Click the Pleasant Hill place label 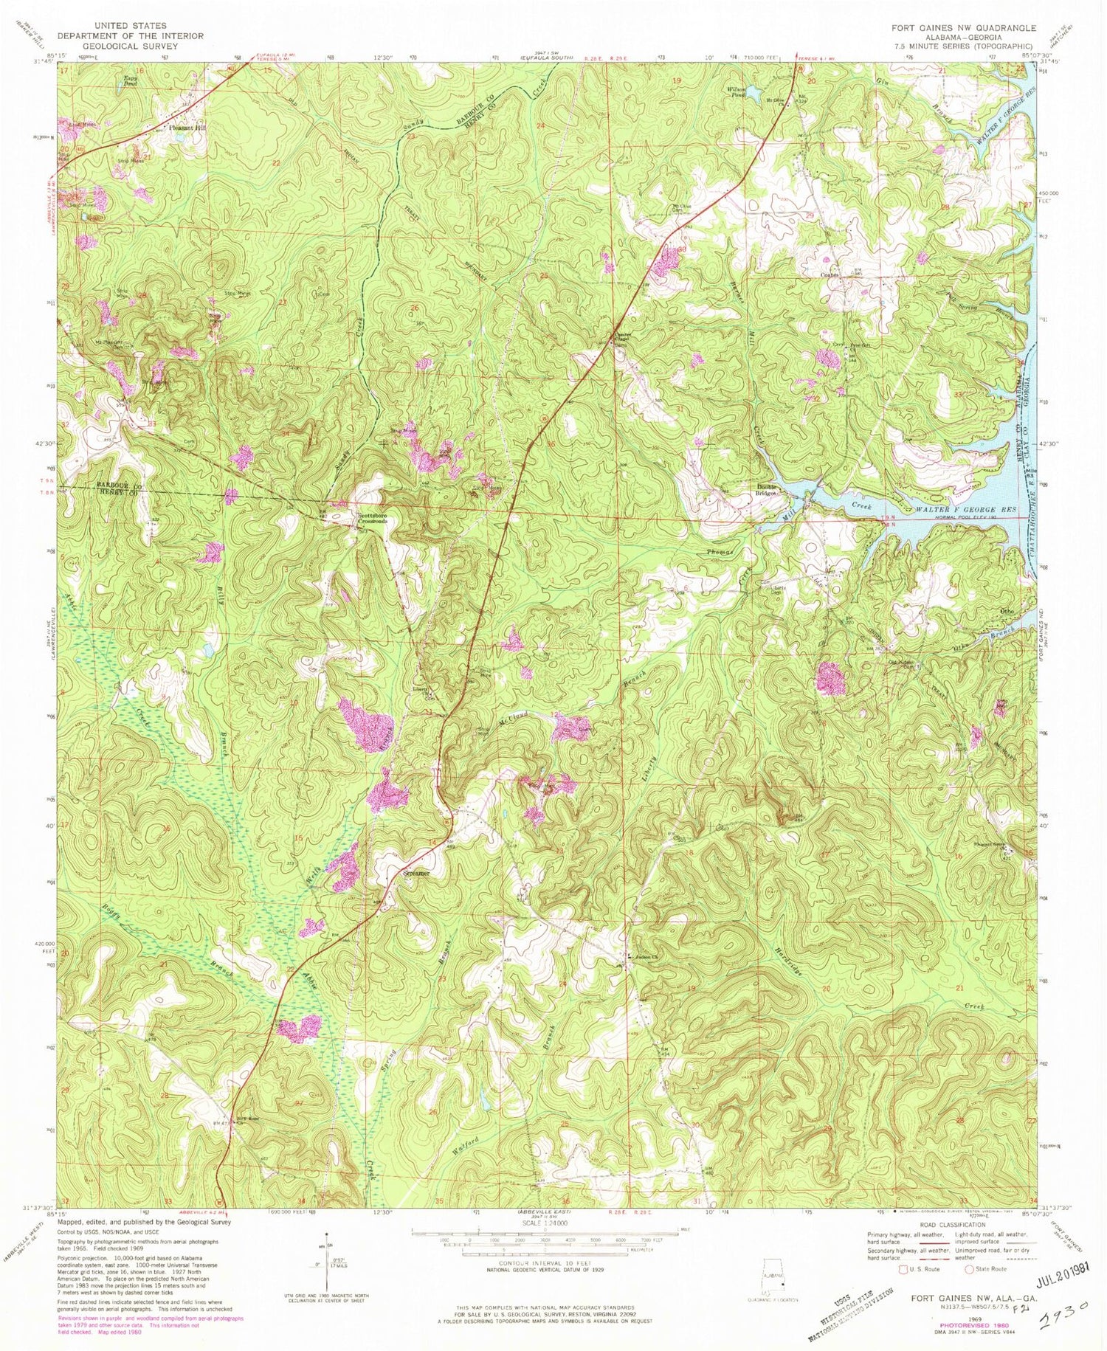(x=189, y=128)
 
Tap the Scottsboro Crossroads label (x=372, y=518)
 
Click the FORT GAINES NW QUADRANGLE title (x=973, y=27)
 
